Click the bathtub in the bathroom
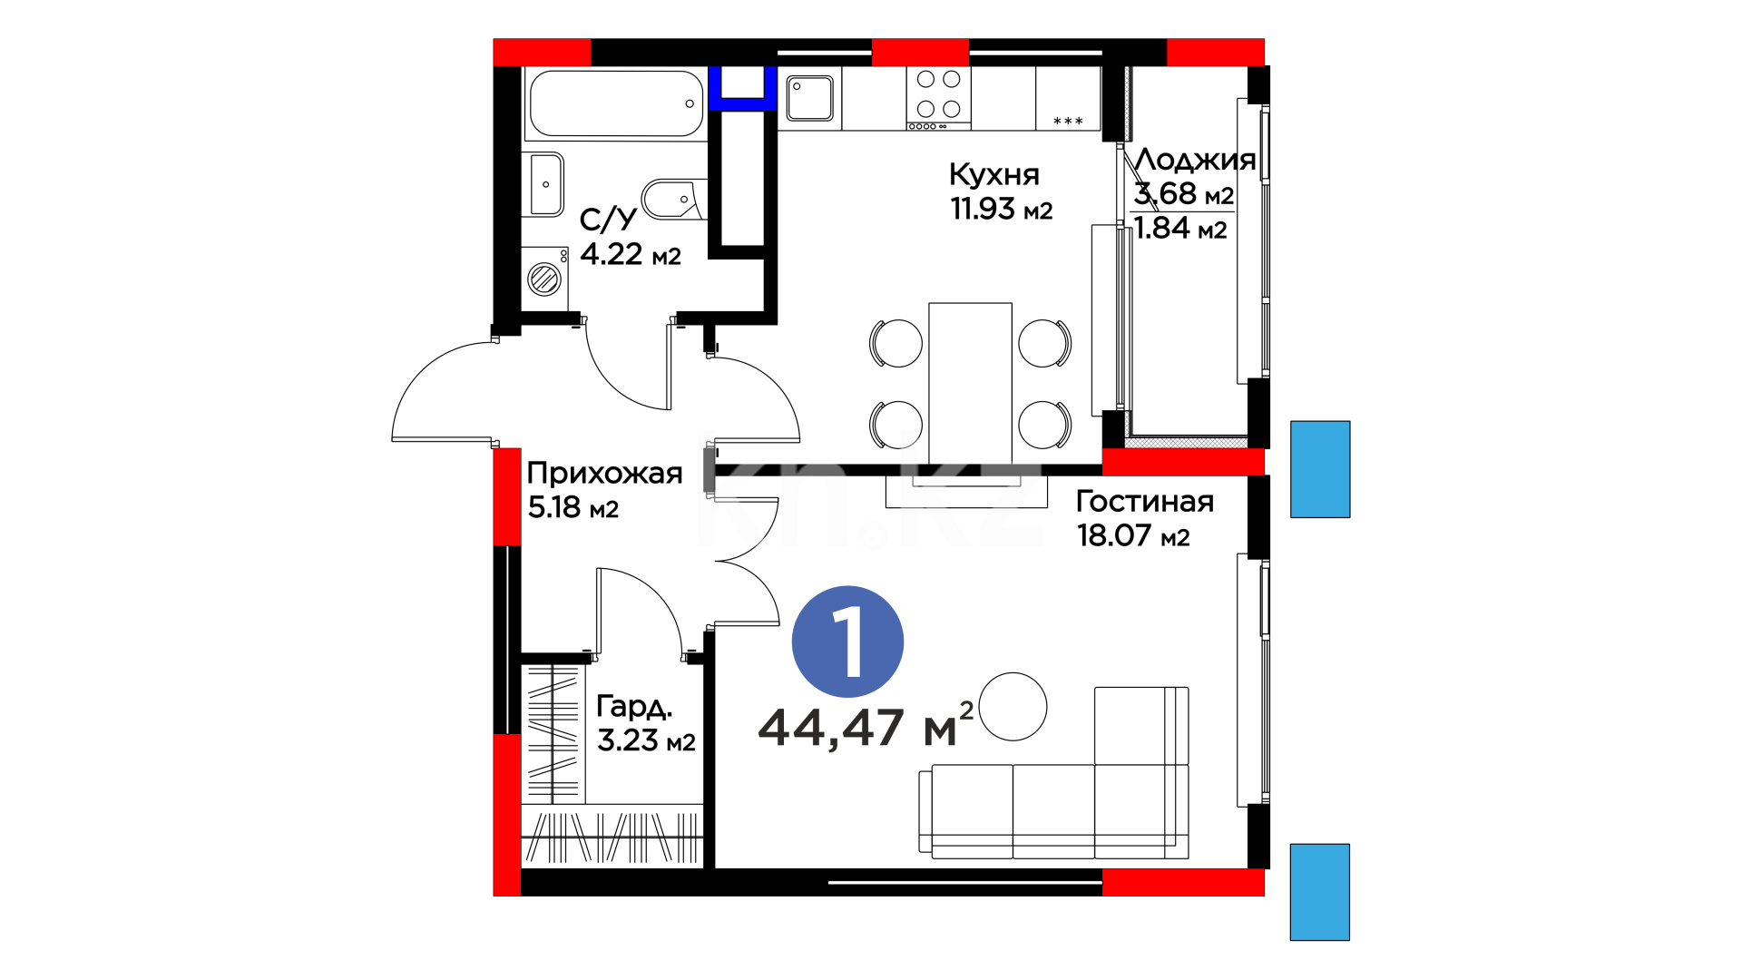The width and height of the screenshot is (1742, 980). pos(616,103)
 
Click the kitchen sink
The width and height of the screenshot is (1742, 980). pos(809,98)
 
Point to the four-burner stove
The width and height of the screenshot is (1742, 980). pos(938,98)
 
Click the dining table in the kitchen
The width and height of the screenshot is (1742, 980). pos(970,383)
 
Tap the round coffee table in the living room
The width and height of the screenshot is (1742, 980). pos(1013,706)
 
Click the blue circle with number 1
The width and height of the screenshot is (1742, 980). pos(847,642)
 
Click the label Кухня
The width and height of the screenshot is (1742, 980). pos(994,174)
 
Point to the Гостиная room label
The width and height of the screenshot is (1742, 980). pos(1144,501)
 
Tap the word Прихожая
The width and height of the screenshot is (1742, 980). pos(604,473)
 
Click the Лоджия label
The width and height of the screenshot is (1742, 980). pos(1195,160)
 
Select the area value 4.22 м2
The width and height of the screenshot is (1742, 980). pos(631,254)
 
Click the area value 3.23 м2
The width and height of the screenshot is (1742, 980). pos(646,740)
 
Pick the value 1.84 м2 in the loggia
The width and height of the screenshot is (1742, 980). pos(1180,229)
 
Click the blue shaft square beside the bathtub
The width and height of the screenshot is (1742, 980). pos(743,88)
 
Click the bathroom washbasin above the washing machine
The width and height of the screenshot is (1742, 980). pos(546,184)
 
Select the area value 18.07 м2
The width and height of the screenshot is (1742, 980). pos(1133,535)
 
